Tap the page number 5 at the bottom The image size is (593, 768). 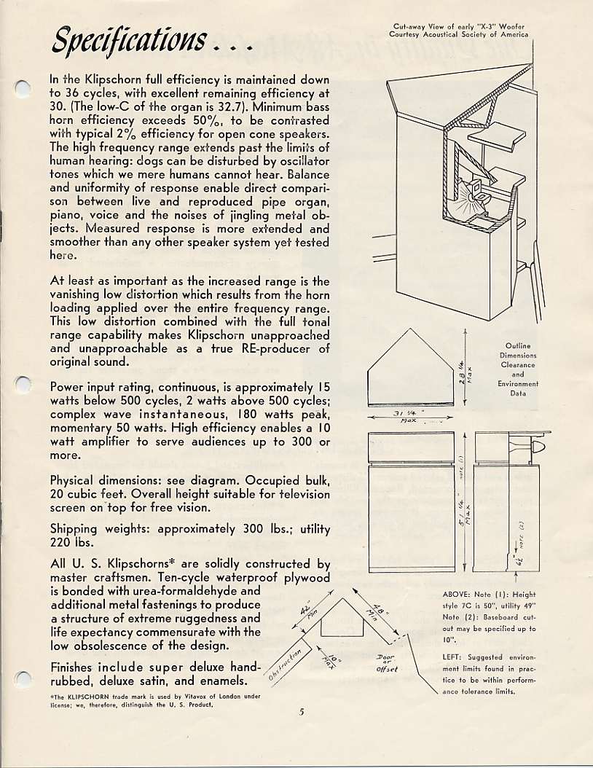(x=301, y=712)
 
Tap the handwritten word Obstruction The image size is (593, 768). (x=283, y=665)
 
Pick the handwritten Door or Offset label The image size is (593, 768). (x=386, y=663)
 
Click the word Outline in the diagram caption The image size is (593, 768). (x=517, y=346)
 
